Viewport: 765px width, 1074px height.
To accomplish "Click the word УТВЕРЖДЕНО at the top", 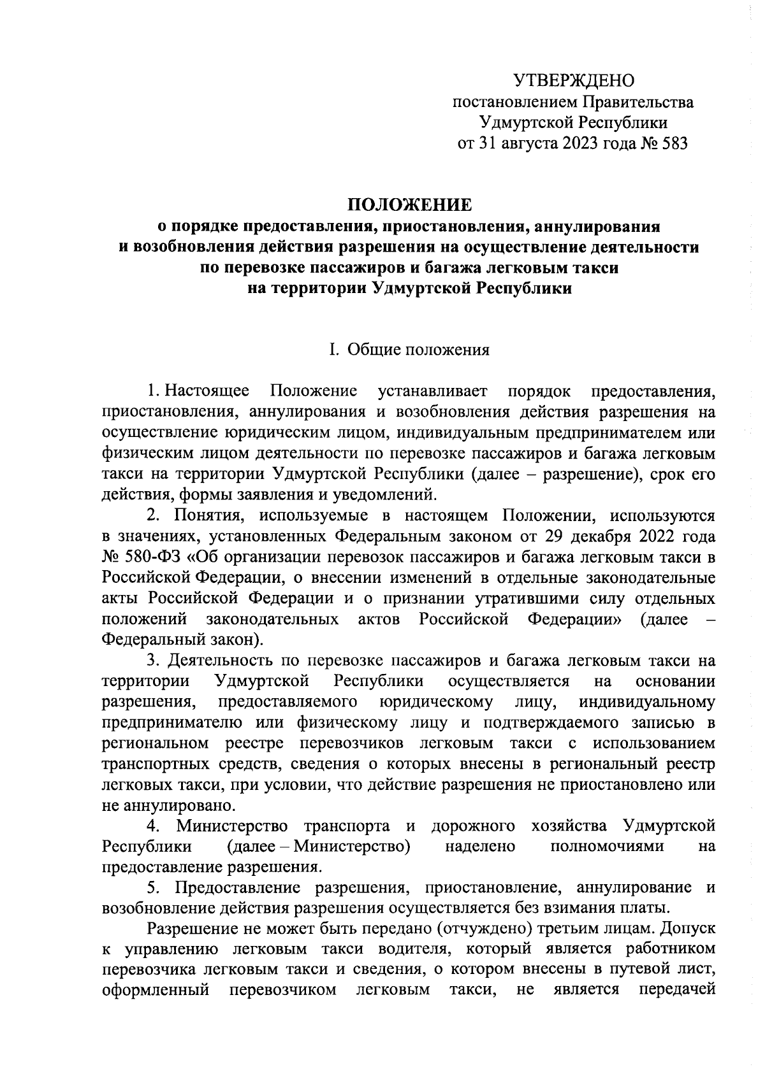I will click(574, 81).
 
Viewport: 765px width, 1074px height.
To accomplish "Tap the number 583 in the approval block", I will click(673, 143).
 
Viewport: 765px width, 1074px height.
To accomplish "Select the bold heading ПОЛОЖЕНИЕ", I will click(409, 204).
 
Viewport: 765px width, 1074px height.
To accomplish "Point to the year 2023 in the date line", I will click(581, 143).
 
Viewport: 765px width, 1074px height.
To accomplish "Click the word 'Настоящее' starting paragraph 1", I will click(206, 391).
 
